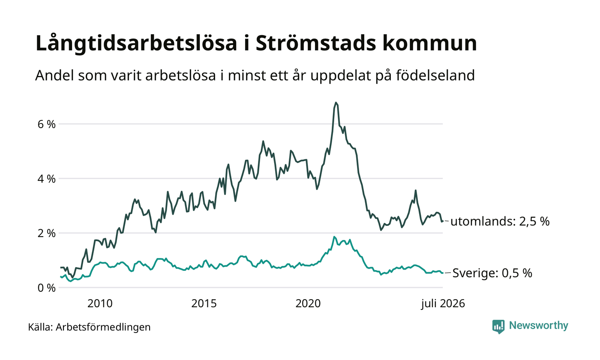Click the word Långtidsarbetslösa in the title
tap(136, 43)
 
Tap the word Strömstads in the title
tap(316, 43)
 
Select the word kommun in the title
tap(429, 43)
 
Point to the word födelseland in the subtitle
tap(435, 75)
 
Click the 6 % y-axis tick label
tap(47, 124)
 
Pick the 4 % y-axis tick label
tap(47, 179)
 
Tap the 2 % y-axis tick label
tap(47, 233)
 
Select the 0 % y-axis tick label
tap(47, 288)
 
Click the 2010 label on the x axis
tap(100, 303)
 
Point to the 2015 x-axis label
tap(204, 303)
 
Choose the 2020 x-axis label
tap(308, 303)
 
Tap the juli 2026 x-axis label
tap(443, 304)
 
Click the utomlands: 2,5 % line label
tap(500, 222)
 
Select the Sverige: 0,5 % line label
tap(492, 273)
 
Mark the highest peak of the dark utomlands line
tap(336, 102)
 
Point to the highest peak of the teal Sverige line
tap(334, 237)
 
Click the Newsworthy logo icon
tap(498, 327)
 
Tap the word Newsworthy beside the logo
tap(538, 325)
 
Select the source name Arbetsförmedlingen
tap(103, 327)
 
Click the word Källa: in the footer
tap(40, 327)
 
